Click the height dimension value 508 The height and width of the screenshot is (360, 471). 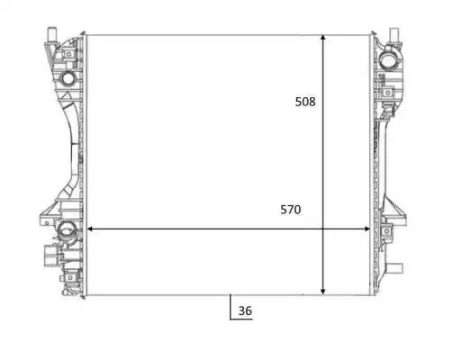click(305, 102)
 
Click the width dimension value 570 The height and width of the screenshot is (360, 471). click(291, 210)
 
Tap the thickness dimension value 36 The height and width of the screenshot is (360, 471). click(245, 310)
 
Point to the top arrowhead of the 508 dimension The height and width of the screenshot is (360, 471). click(323, 37)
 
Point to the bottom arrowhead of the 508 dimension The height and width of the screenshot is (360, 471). click(323, 292)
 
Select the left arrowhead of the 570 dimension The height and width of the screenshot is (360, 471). click(89, 229)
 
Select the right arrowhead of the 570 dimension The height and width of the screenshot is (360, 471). click(367, 229)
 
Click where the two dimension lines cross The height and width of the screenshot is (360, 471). click(323, 229)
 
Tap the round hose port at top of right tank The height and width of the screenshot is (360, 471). click(388, 60)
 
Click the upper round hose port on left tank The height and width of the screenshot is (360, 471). click(68, 78)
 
